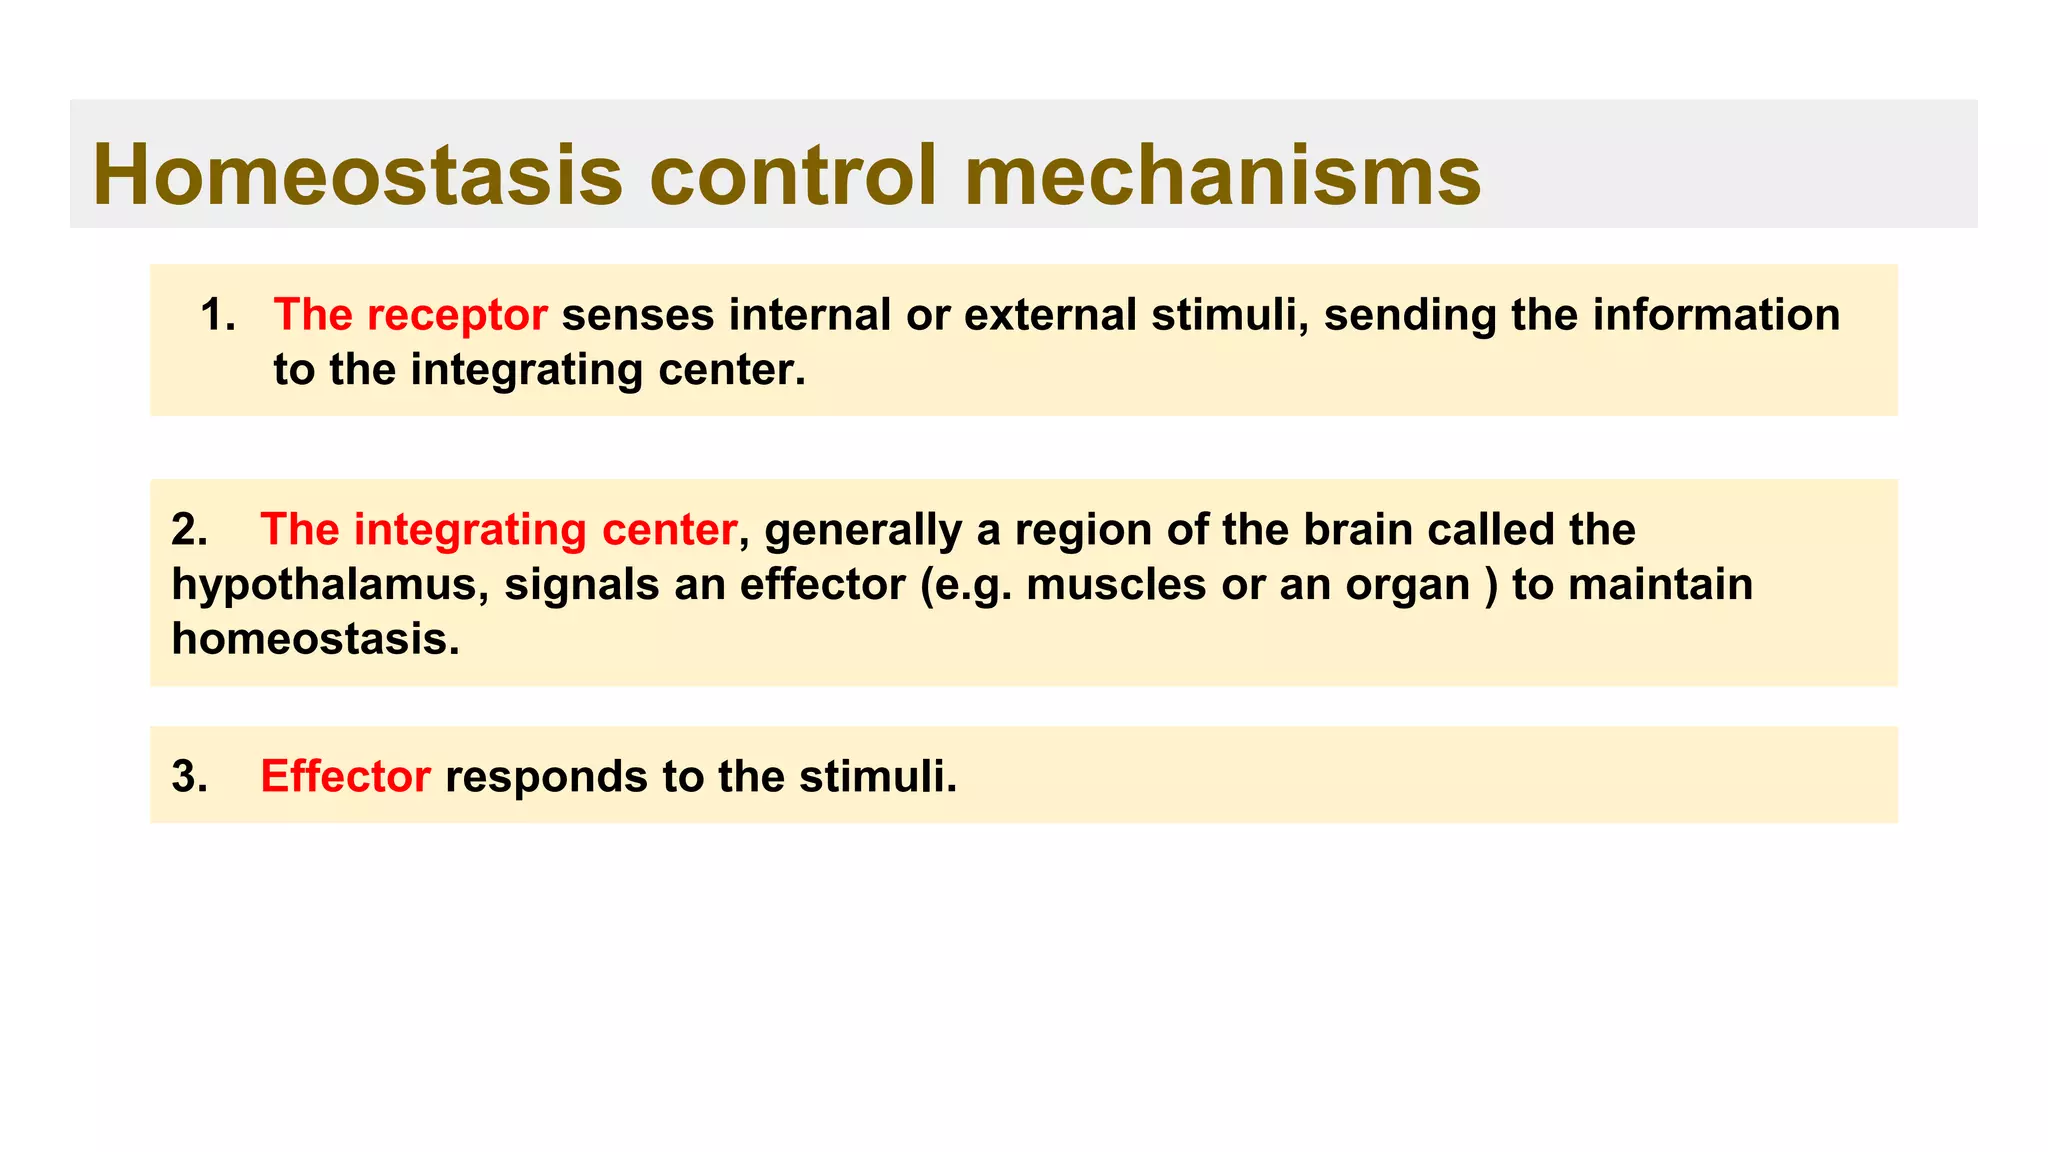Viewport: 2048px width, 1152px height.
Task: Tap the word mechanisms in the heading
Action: (1222, 176)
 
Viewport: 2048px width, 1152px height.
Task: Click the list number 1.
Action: (217, 315)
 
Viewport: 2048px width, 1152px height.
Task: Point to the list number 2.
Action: (189, 530)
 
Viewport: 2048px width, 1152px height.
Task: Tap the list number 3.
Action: (189, 777)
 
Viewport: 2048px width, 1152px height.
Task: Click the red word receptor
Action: (457, 316)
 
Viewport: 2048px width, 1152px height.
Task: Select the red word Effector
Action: (345, 777)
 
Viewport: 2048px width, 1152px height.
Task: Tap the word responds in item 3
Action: (546, 777)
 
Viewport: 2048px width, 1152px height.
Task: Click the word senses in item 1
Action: (638, 315)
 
